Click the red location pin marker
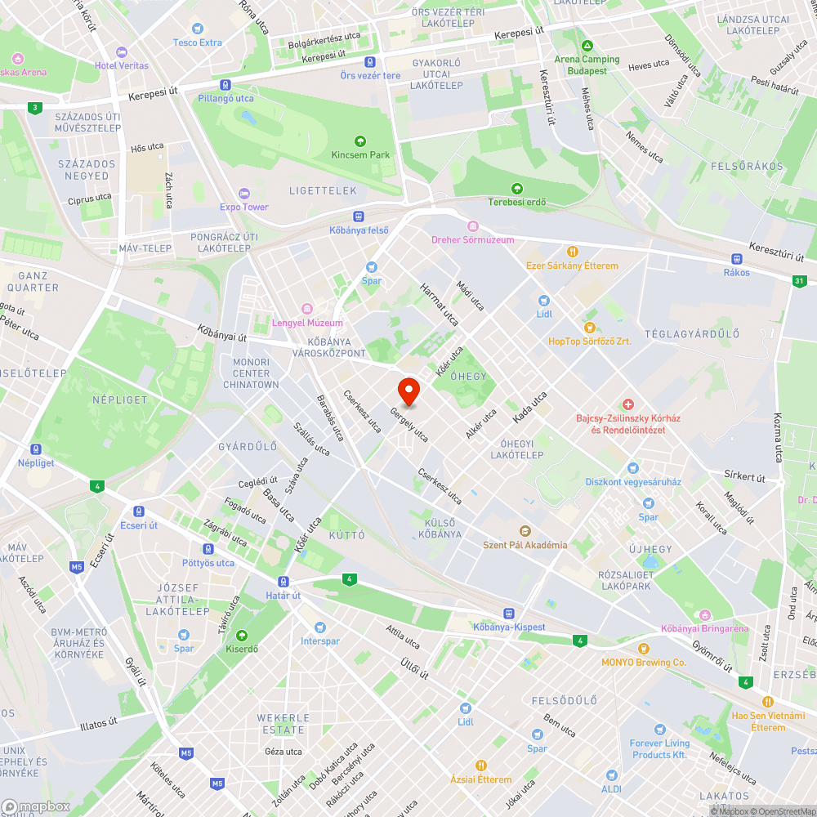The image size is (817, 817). [408, 391]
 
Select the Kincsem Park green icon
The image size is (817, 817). [360, 141]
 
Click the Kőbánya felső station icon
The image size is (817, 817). [358, 217]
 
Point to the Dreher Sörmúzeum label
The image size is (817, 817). [473, 239]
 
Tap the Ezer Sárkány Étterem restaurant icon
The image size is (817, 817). [573, 252]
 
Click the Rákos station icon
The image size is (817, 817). [736, 258]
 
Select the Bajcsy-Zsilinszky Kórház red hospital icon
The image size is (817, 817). [627, 404]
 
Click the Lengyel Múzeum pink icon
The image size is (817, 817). [307, 308]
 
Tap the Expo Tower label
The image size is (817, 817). [243, 207]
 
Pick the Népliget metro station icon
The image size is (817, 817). [36, 449]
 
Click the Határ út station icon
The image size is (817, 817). [283, 582]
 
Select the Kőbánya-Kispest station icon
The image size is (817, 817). [508, 613]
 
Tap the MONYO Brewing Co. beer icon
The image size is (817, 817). [643, 649]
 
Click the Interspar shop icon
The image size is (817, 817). [319, 627]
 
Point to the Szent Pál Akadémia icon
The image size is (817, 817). [525, 531]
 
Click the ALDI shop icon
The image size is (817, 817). [611, 775]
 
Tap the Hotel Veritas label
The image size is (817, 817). [122, 65]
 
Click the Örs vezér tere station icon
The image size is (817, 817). [370, 62]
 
